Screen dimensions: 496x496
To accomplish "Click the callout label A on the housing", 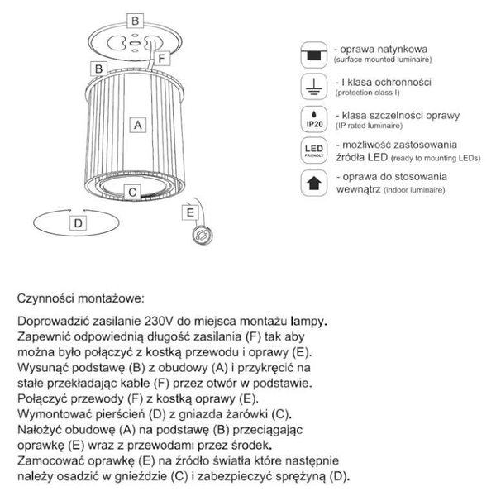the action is tap(138, 125).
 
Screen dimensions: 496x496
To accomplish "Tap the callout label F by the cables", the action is tap(162, 58).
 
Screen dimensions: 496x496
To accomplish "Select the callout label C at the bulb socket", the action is tap(132, 193).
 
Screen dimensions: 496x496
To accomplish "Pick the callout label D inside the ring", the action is tap(79, 223).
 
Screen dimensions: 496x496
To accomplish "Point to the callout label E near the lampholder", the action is tap(190, 212).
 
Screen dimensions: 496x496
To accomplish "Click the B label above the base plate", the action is tap(135, 21).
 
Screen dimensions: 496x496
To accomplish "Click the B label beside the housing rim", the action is tap(98, 69).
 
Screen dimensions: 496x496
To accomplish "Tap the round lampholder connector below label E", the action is tap(203, 235).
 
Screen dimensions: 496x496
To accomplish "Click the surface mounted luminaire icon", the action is tap(314, 55).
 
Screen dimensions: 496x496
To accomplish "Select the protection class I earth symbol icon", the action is tap(314, 87).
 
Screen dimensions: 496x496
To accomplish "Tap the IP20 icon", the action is tap(314, 119).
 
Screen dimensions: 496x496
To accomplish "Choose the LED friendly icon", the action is tap(314, 150).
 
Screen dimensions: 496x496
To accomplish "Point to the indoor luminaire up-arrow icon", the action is tap(314, 183).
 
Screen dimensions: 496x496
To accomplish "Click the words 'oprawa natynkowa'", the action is tap(384, 49).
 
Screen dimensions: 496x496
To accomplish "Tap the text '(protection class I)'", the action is tap(368, 93).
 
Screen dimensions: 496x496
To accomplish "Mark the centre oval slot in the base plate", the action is tap(135, 42).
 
